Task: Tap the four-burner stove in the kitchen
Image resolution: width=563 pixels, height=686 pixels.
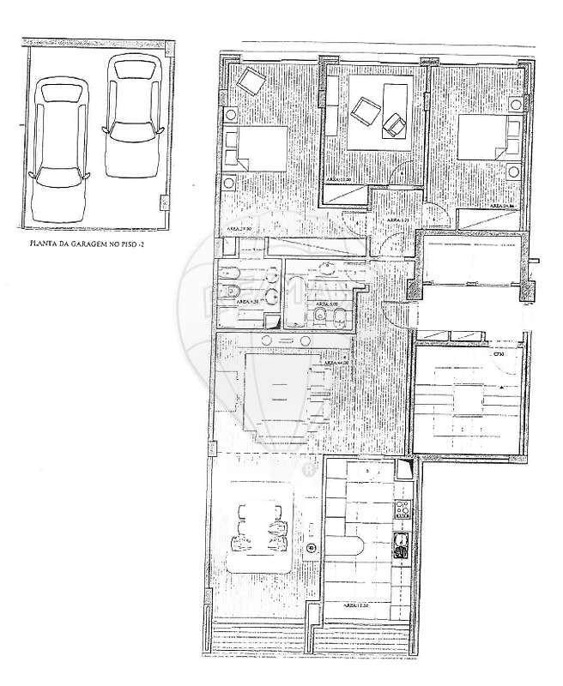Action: coord(400,509)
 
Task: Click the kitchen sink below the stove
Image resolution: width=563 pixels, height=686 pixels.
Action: coord(400,546)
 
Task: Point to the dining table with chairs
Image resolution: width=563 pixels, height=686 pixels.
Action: coord(259,530)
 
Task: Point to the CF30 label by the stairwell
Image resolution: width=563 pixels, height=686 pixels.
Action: coord(498,355)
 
